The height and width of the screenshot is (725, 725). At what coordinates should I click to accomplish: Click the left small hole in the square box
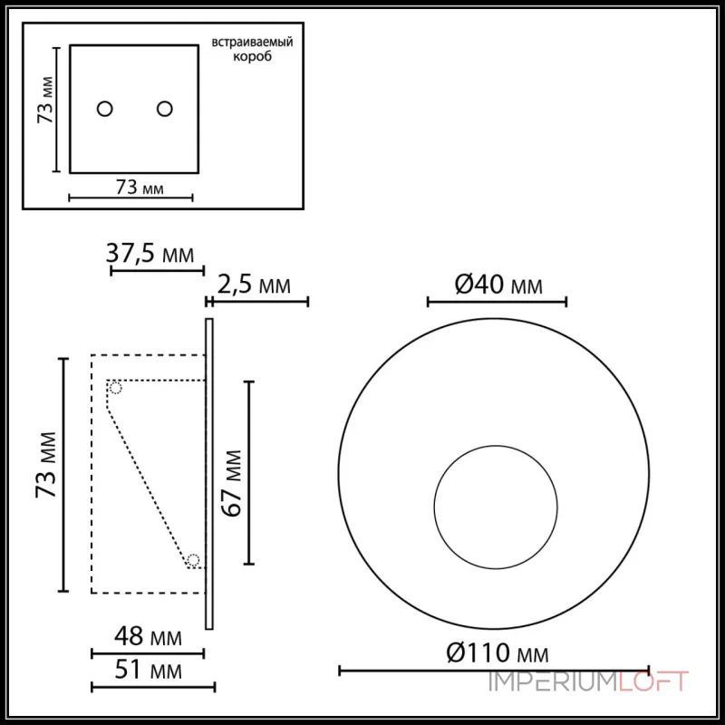[x=105, y=109]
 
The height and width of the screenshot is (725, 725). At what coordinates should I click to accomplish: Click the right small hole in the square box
[x=164, y=109]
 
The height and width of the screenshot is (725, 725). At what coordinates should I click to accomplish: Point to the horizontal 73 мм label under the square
[x=139, y=188]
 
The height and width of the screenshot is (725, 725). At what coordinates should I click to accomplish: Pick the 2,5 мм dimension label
[x=254, y=286]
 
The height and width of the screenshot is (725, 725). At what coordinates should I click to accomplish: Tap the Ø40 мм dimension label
[x=498, y=285]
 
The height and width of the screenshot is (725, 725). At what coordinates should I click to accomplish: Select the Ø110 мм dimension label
[x=497, y=652]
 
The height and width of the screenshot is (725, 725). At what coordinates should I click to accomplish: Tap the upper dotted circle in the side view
[x=115, y=388]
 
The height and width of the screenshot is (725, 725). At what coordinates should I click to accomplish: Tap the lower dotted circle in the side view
[x=193, y=559]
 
